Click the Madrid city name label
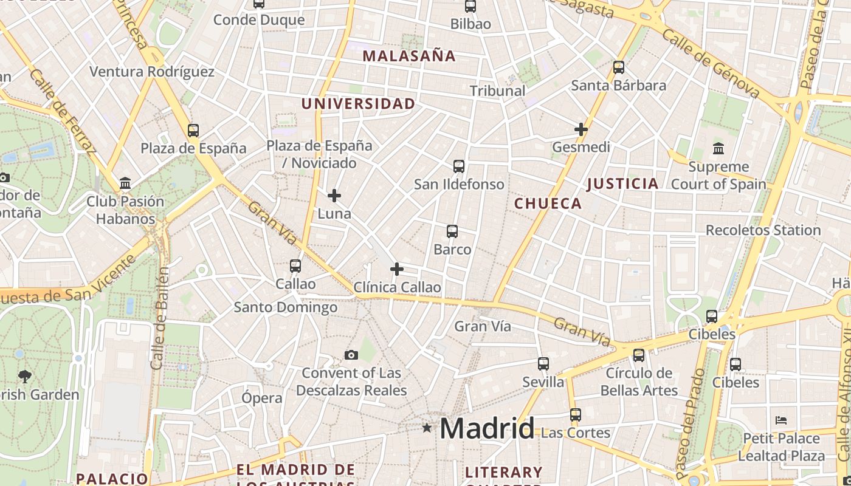coord(487,429)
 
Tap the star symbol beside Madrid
coord(427,428)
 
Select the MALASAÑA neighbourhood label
coord(409,56)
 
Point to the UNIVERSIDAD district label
coord(358,104)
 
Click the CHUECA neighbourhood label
coord(548,204)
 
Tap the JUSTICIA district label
coord(622,183)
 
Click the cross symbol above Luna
coord(334,196)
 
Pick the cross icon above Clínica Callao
coord(397,269)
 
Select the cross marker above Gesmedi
coord(581,129)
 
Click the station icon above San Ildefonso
coord(459,166)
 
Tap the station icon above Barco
coord(452,231)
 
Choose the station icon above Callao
coord(295,265)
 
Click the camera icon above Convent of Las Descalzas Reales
coord(351,355)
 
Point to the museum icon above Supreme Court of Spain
coord(718,148)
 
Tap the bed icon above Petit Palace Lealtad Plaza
coord(781,420)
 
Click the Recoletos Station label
coord(763,230)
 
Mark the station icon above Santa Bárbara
coord(619,67)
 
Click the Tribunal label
coord(497,91)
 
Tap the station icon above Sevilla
coord(543,363)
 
